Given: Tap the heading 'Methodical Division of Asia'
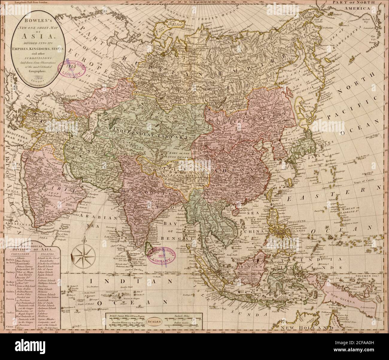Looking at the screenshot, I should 32,248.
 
